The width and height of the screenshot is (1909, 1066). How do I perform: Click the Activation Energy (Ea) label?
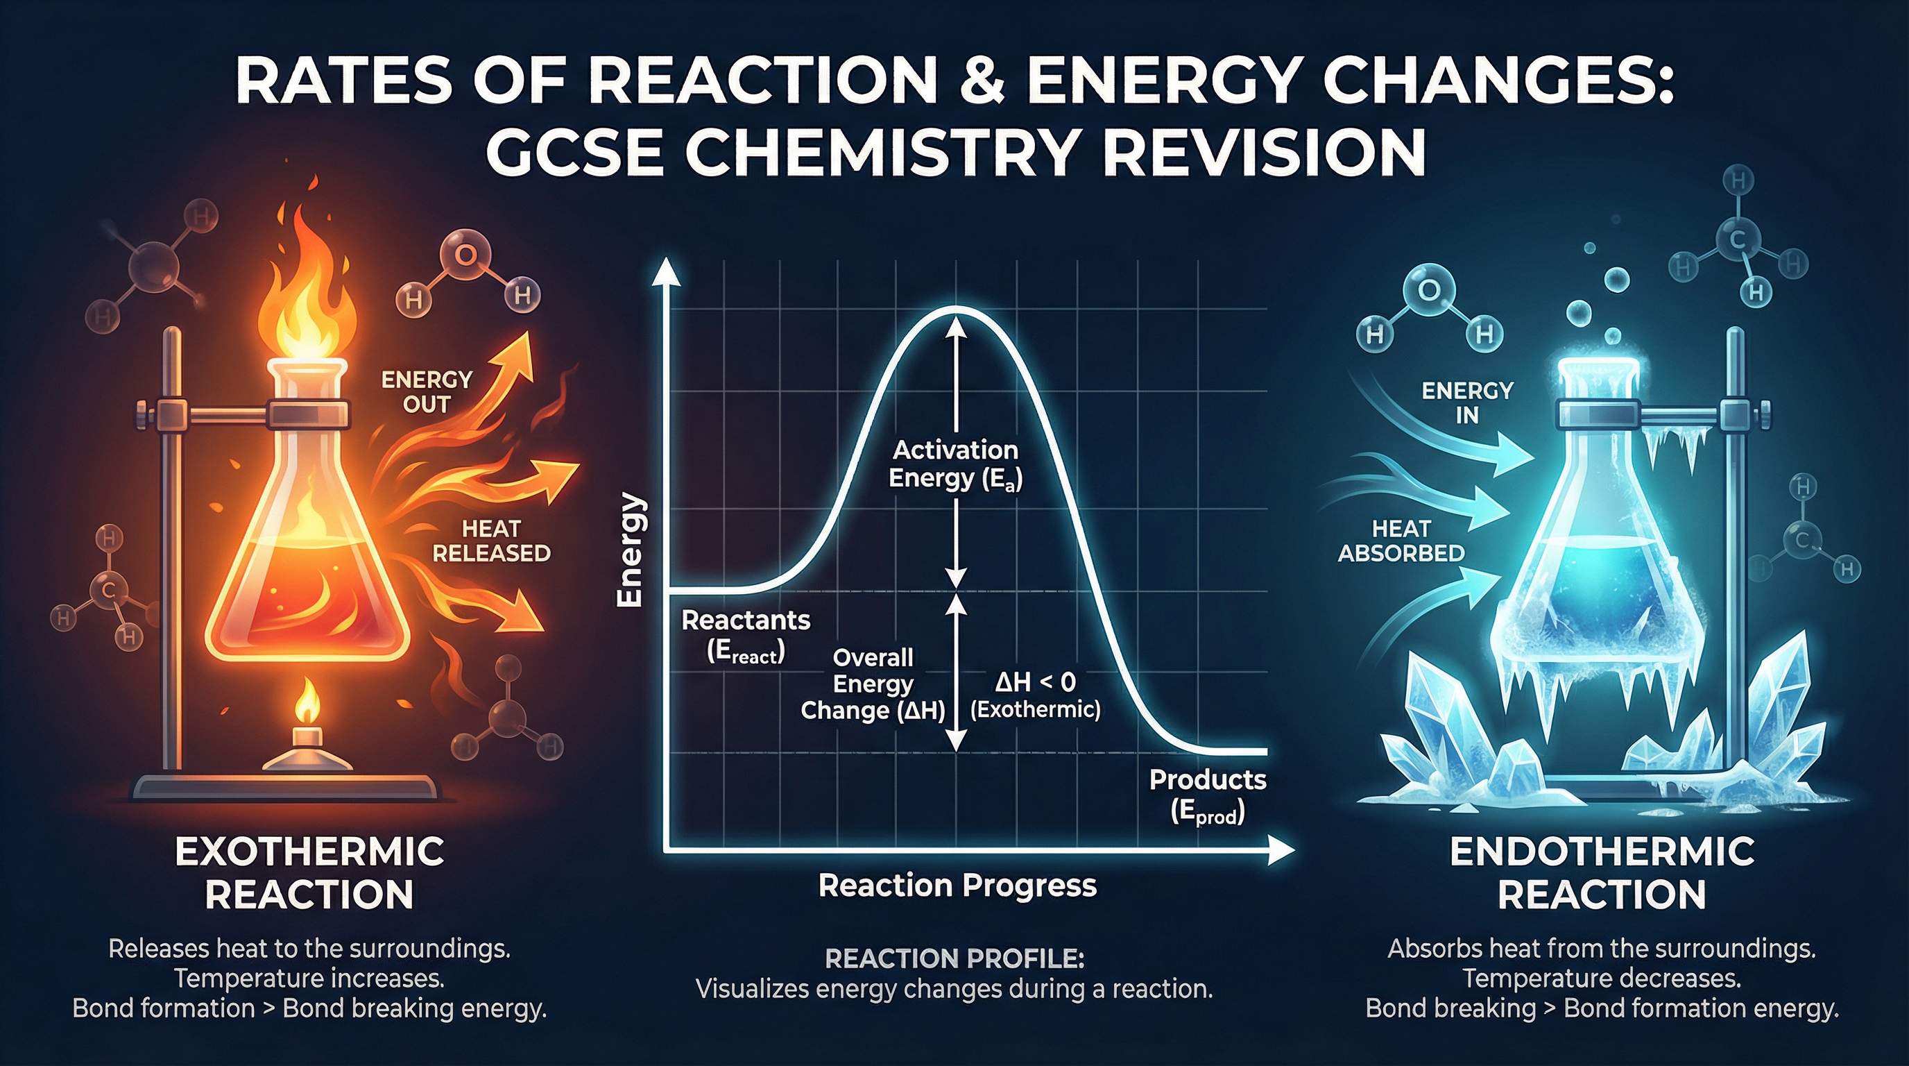954,464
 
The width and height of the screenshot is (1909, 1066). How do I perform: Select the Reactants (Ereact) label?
746,635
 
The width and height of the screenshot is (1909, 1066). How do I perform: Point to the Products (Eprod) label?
1207,795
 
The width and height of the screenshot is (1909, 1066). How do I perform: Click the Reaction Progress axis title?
957,886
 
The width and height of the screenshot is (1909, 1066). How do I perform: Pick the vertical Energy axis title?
630,550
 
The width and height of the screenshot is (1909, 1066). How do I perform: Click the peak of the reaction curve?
956,307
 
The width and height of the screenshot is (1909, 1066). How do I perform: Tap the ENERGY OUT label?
426,392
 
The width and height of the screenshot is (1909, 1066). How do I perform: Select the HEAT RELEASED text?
490,541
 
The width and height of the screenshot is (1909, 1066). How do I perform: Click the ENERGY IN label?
1466,403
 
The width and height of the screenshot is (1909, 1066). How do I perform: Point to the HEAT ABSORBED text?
1401,541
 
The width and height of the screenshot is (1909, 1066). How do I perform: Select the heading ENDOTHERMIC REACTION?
1602,872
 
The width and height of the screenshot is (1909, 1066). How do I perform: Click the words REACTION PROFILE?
954,959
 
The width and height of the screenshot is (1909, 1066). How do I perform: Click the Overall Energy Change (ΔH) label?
873,684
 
